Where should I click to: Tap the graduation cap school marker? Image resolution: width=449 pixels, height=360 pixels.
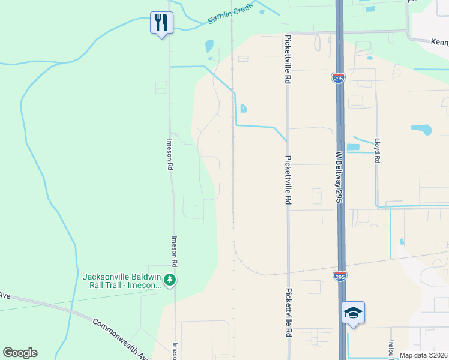353,313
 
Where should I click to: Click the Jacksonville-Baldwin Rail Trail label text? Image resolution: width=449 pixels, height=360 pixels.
122,281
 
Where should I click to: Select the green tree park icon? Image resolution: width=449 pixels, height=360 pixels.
170,280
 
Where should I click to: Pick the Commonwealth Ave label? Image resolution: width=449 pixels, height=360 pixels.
120,339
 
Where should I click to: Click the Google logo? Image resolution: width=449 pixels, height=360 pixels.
20,353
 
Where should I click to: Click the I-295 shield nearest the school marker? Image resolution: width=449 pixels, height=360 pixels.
339,275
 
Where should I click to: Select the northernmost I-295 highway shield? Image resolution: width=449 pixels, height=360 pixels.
338,78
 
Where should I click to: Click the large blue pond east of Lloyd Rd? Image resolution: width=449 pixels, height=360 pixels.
421,129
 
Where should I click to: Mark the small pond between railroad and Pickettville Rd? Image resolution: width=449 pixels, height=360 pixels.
243,109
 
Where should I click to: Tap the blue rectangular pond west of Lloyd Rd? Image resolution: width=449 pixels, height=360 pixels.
353,147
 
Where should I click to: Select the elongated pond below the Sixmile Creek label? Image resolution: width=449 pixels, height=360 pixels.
209,46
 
